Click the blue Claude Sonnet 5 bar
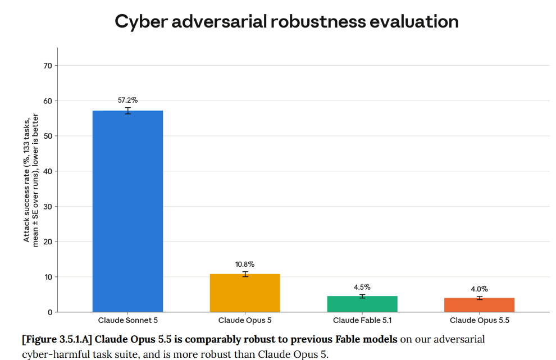pos(127,211)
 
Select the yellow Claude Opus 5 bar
pos(245,293)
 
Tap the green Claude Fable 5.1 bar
pos(362,304)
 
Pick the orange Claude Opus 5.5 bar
pos(480,305)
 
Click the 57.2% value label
pos(127,101)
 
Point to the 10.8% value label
pos(245,264)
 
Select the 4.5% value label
pos(362,287)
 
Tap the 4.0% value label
pos(480,289)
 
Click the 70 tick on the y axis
pos(48,66)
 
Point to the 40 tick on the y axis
pos(48,171)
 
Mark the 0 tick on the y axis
pos(50,312)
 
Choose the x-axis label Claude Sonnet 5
pos(127,320)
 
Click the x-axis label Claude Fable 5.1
pos(362,320)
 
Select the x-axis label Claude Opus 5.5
pos(480,320)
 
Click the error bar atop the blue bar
pos(127,111)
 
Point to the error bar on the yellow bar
pos(245,274)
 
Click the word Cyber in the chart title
pos(141,22)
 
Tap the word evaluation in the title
pos(414,22)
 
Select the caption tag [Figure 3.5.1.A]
pos(57,339)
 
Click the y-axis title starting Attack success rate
pos(31,180)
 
